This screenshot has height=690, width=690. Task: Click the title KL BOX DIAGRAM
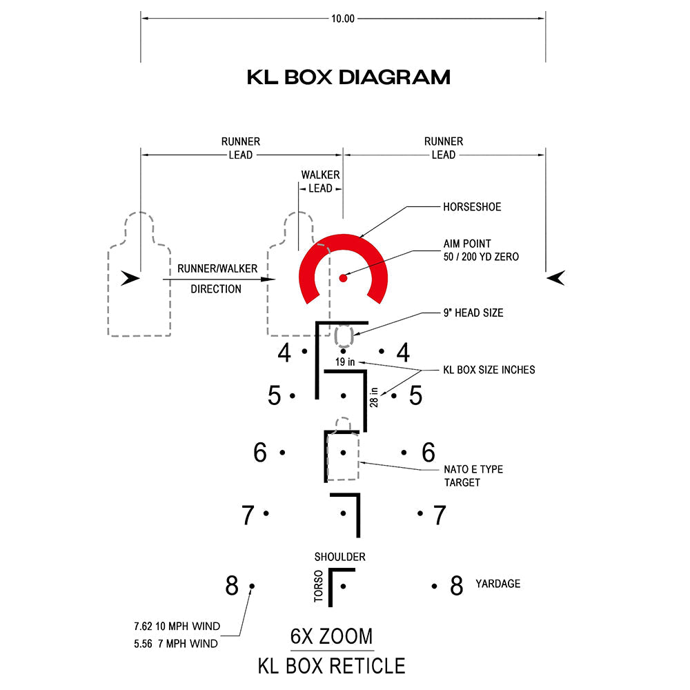point(348,77)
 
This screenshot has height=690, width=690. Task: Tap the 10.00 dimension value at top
point(343,19)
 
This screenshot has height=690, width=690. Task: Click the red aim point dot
point(343,278)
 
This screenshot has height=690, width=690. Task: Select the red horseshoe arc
point(343,246)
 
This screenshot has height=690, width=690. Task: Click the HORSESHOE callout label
point(472,207)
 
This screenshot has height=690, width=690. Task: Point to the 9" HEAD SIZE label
point(473,313)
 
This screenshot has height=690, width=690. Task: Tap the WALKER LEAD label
point(320,181)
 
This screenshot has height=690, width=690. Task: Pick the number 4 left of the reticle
point(284,353)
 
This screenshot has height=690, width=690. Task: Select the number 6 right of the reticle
point(428,453)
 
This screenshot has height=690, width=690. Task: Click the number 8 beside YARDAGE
point(456,586)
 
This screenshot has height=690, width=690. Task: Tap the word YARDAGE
point(497,584)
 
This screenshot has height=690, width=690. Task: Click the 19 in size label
point(345,362)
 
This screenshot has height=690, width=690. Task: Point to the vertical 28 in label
point(374,397)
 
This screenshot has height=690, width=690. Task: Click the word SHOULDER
point(339,557)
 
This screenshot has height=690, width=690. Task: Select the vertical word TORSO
point(319,587)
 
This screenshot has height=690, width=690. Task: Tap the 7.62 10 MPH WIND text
point(177,627)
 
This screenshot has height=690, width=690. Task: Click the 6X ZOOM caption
point(331,636)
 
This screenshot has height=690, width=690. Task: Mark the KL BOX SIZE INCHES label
point(489,370)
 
